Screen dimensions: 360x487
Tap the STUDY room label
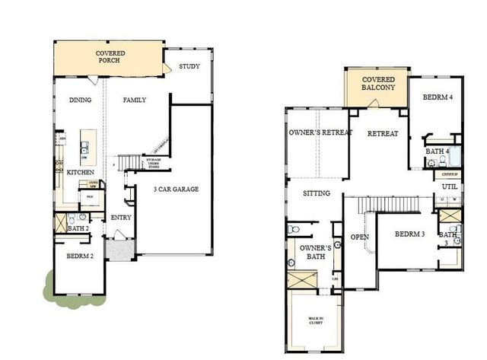pyautogui.click(x=189, y=67)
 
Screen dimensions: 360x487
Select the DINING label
pyautogui.click(x=81, y=100)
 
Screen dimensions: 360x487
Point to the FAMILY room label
pyautogui.click(x=134, y=100)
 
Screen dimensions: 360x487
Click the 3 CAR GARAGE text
pyautogui.click(x=176, y=189)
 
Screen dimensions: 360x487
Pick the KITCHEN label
pyautogui.click(x=80, y=173)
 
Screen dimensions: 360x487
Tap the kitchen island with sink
pyautogui.click(x=87, y=147)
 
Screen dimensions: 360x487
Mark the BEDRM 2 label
pyautogui.click(x=80, y=256)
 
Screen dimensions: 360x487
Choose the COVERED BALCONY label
pyautogui.click(x=378, y=84)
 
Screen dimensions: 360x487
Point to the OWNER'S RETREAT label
pyautogui.click(x=320, y=133)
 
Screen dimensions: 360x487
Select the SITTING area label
pyautogui.click(x=316, y=193)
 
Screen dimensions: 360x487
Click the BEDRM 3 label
pyautogui.click(x=409, y=234)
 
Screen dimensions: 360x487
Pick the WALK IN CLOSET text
pyautogui.click(x=315, y=320)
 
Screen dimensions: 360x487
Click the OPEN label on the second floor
pyautogui.click(x=359, y=237)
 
